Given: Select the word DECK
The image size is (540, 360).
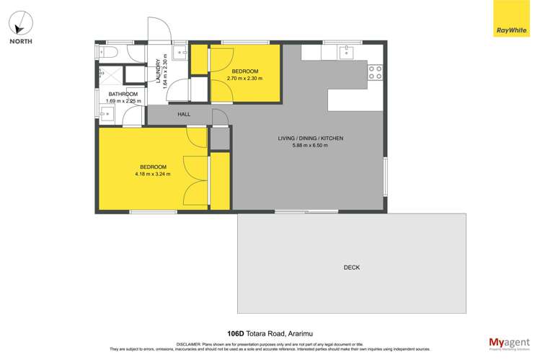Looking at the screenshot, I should point(351,268).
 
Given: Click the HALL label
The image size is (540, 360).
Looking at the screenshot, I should point(183,115).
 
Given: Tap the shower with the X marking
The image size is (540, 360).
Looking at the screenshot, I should point(110,74).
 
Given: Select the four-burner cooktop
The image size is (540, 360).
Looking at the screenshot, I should point(375,71).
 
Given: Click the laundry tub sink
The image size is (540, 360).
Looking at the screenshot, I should point(179,52).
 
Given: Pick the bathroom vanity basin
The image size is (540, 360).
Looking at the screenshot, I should point(107,114).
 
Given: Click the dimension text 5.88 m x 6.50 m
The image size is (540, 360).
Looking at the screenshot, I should point(310,146).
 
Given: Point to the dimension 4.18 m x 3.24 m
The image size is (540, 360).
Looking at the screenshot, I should point(152,174).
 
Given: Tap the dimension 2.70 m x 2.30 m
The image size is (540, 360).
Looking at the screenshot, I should point(244,79).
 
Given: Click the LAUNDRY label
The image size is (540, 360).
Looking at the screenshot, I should point(159,71).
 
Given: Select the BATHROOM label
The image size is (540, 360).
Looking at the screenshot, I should point(123,94).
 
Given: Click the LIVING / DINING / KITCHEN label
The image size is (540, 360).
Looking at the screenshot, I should point(310,138).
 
